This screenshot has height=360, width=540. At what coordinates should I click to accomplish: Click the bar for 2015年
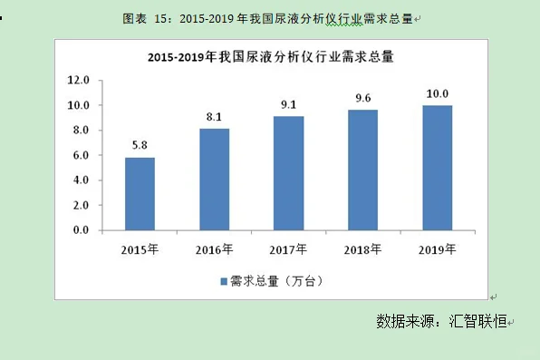[x=140, y=194]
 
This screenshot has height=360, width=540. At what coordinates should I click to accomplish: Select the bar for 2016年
[x=215, y=180]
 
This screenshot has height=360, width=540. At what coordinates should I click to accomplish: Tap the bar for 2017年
[x=289, y=173]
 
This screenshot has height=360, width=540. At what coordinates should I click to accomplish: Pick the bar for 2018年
[x=362, y=170]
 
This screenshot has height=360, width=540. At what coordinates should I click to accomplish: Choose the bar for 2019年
[x=437, y=168]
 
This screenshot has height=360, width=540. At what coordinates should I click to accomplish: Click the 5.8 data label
[x=140, y=145]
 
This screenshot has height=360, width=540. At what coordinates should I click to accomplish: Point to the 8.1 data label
[x=215, y=116]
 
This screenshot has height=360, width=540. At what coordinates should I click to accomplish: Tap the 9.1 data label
[x=289, y=104]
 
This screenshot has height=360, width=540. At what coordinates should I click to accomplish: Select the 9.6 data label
[x=362, y=98]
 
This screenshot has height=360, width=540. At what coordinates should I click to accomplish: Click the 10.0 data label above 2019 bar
[x=437, y=92]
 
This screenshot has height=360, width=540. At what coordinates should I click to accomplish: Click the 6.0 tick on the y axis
[x=80, y=155]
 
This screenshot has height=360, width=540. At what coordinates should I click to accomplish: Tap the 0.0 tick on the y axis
[x=80, y=230]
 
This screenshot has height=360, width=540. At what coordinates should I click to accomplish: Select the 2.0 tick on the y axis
[x=80, y=205]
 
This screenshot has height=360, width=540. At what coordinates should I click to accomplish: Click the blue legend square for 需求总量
[x=223, y=281]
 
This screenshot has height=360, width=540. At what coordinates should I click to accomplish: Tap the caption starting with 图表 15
[x=270, y=17]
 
